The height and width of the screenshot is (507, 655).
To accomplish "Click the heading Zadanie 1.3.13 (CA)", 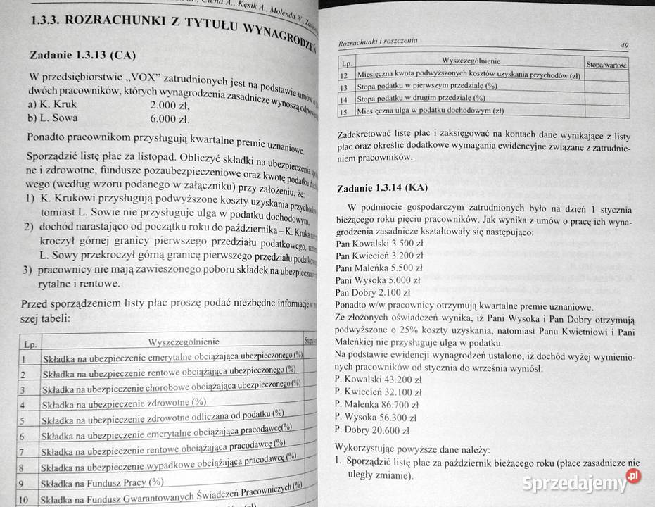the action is click(80, 55).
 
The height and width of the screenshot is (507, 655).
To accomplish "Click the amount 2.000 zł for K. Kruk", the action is click(172, 104).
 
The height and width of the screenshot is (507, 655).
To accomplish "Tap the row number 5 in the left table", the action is click(23, 421).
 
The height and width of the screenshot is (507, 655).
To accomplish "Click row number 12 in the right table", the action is click(344, 75).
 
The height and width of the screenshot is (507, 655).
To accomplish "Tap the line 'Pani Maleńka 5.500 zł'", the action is click(379, 268).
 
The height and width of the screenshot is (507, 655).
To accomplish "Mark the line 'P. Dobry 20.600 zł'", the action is click(373, 430).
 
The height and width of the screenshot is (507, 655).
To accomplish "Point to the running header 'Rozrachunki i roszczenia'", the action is click(378, 42).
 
